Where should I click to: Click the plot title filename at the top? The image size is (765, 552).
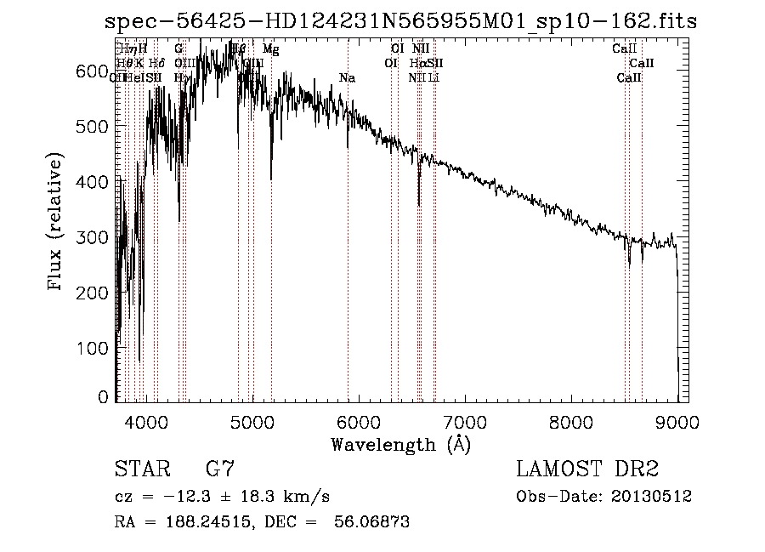pyautogui.click(x=399, y=22)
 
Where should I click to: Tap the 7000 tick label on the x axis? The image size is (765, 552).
pyautogui.click(x=465, y=421)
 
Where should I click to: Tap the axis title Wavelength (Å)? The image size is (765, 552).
pyautogui.click(x=400, y=444)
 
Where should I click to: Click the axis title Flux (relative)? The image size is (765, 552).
pyautogui.click(x=57, y=223)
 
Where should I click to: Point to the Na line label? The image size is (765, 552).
pyautogui.click(x=347, y=78)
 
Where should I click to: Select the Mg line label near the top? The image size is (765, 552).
pyautogui.click(x=270, y=50)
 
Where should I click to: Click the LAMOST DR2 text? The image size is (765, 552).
pyautogui.click(x=587, y=469)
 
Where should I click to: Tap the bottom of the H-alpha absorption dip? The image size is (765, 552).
pyautogui.click(x=419, y=204)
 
